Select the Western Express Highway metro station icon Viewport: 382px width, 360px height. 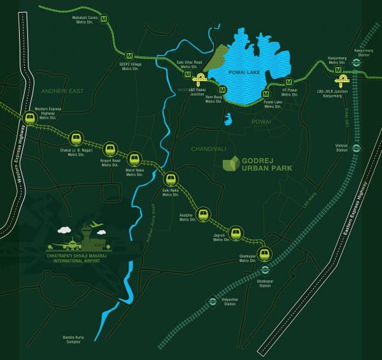29,118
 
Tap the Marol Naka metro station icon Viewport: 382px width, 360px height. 134,159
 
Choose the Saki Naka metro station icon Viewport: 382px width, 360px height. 171,178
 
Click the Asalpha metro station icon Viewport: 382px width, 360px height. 203,214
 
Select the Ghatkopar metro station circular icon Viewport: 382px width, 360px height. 265,254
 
